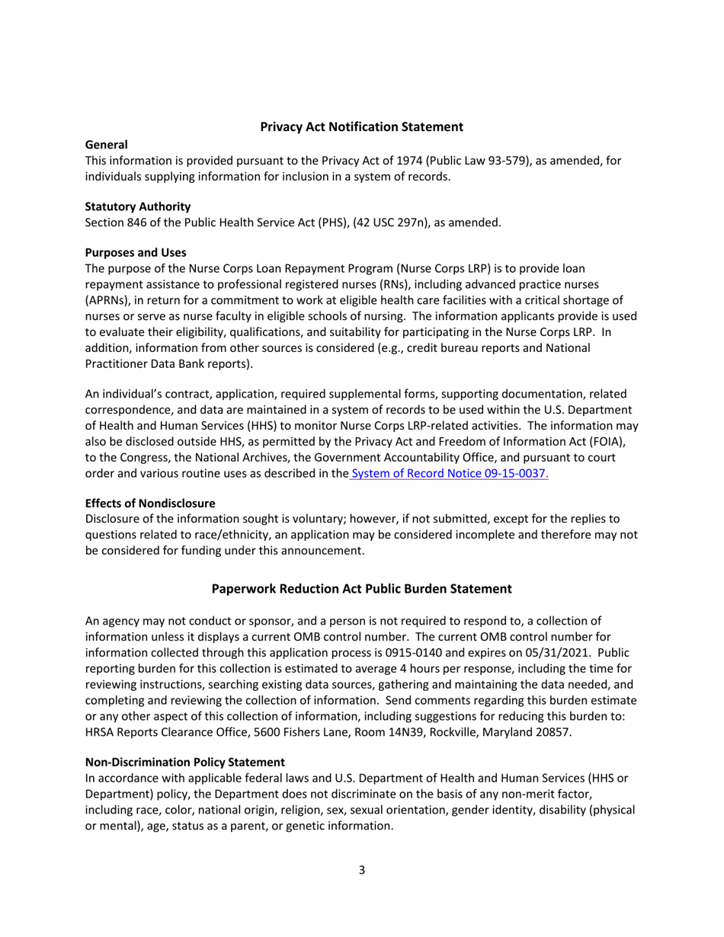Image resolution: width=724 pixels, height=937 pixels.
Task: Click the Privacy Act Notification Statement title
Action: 361,126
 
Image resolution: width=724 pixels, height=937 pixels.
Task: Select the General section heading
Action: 106,144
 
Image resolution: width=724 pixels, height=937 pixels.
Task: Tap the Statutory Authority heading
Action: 137,206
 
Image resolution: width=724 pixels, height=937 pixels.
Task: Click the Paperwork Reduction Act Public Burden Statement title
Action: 361,588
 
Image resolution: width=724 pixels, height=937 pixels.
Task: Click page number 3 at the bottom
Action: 361,871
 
